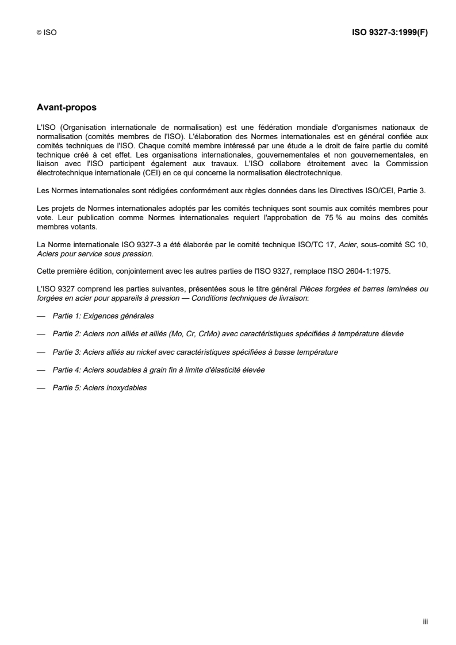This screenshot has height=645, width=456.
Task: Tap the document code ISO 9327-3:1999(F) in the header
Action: click(389, 33)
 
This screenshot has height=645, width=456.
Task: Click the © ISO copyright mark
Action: click(46, 33)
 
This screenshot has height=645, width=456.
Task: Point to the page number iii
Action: click(425, 621)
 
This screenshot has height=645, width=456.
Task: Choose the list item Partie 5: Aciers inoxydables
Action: click(99, 387)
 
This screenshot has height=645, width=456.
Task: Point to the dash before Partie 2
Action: click(40, 334)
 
